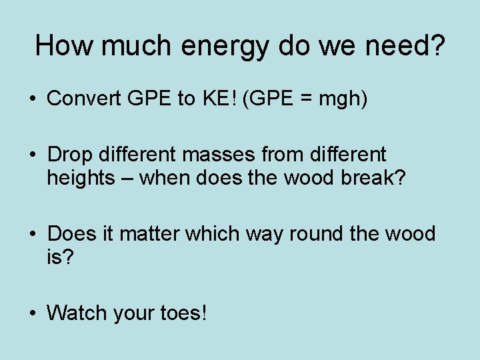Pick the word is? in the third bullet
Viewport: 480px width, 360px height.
tap(59, 257)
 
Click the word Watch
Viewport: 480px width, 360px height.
tap(79, 312)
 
